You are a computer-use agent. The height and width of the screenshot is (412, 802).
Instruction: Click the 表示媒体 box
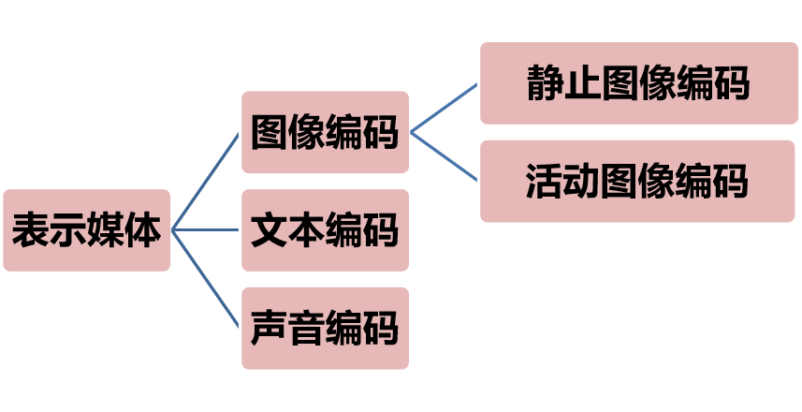point(86,230)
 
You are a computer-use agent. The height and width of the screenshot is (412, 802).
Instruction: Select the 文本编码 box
point(325,230)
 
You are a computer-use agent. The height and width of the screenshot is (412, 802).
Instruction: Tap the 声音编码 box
point(325,329)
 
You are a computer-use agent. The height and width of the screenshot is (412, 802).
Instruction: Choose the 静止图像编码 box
point(638,83)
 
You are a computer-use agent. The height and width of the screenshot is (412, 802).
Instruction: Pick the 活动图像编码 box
point(638,181)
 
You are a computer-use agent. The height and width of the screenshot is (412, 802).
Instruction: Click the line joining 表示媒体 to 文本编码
point(206,230)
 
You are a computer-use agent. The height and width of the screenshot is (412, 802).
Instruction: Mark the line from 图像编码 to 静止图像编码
point(445,108)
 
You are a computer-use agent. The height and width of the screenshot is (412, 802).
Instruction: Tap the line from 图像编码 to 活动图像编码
point(445,155)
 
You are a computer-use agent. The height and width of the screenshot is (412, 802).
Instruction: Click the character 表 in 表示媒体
point(31,230)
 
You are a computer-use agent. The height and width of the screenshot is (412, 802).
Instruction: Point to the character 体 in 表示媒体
point(142,230)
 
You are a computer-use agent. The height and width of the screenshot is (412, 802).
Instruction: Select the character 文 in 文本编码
point(270,230)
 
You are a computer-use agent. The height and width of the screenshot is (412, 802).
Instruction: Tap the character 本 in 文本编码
point(306,230)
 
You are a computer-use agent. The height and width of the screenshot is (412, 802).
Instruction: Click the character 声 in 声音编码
point(270,329)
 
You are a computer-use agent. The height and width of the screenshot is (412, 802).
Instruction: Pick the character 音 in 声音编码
point(306,329)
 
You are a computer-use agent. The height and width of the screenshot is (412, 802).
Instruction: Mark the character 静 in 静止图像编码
point(546,83)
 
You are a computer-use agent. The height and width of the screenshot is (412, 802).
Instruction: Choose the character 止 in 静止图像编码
point(582,83)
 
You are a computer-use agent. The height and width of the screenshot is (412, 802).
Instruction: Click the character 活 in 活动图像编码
point(546,181)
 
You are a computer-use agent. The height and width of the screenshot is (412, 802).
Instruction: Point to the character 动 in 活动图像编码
point(582,181)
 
